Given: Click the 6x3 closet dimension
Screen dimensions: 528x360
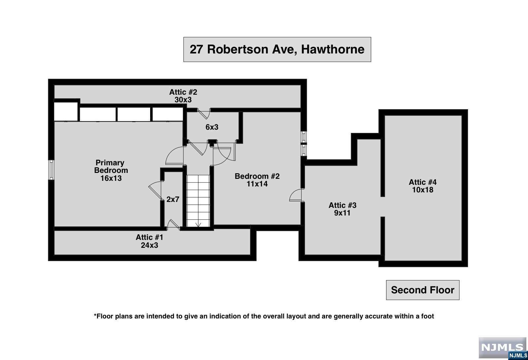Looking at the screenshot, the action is [212, 127].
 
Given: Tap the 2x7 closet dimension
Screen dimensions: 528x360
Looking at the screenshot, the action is [173, 199].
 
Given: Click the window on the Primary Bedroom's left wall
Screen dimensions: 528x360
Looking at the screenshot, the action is [51, 170].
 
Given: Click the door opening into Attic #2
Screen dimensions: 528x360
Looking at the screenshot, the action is [204, 114].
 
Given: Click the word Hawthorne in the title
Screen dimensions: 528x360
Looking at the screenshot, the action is [333, 49].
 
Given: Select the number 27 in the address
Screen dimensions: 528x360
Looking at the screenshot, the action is [196, 49].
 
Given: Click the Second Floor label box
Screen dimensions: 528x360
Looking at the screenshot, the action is [423, 290].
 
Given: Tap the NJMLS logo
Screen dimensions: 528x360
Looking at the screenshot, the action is [503, 348].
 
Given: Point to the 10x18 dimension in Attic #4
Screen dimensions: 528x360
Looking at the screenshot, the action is [423, 190].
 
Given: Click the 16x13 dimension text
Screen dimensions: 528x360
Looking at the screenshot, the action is [111, 178].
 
